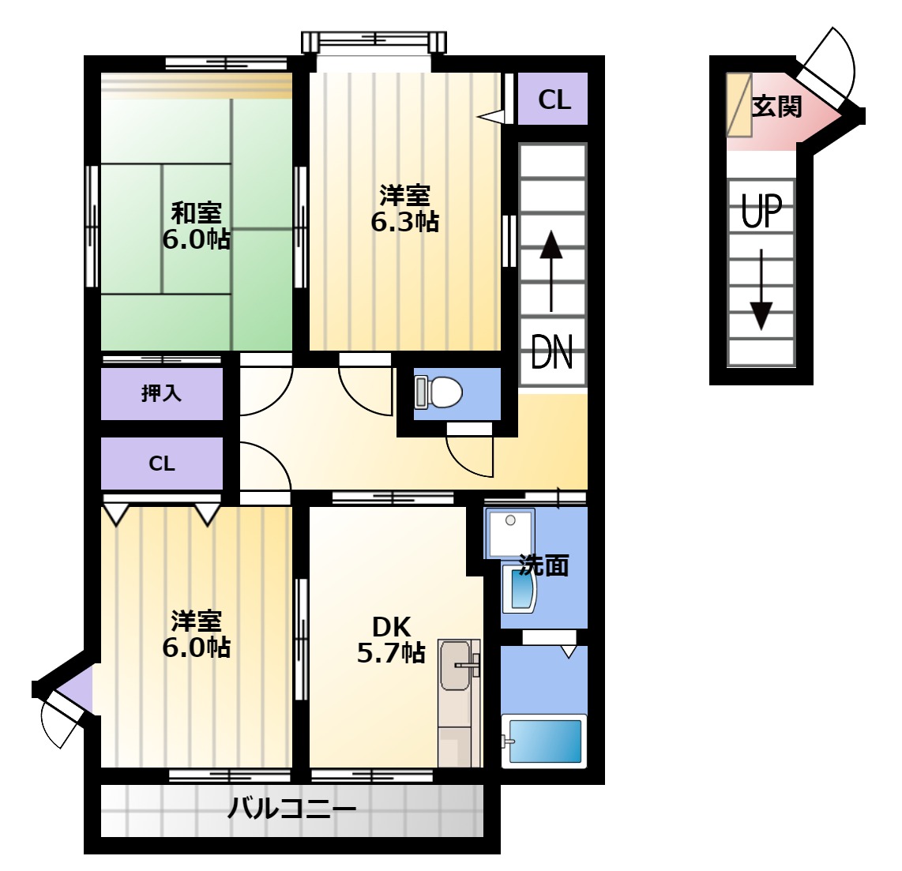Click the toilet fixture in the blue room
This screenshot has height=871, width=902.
pyautogui.click(x=438, y=392)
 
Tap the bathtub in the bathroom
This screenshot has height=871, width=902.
pyautogui.click(x=543, y=741)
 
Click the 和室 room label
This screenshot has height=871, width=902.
pyautogui.click(x=196, y=213)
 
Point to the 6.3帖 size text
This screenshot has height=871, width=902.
pyautogui.click(x=405, y=222)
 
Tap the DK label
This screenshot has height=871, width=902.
pyautogui.click(x=391, y=626)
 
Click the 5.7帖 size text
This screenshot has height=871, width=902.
pyautogui.click(x=391, y=652)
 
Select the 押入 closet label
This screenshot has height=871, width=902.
pyautogui.click(x=162, y=393)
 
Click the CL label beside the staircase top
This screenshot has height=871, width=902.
pyautogui.click(x=554, y=100)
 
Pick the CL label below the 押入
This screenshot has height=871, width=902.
pyautogui.click(x=162, y=464)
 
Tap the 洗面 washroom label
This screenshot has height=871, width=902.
pyautogui.click(x=544, y=565)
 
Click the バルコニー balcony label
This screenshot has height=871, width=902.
pyautogui.click(x=291, y=809)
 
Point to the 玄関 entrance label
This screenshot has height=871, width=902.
pyautogui.click(x=776, y=107)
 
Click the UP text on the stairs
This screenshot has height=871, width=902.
pyautogui.click(x=761, y=212)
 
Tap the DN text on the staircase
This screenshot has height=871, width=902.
pyautogui.click(x=551, y=351)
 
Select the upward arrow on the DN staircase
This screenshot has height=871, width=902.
pyautogui.click(x=551, y=271)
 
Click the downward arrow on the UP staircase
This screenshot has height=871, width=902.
pyautogui.click(x=761, y=289)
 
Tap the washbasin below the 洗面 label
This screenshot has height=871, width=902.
pyautogui.click(x=519, y=588)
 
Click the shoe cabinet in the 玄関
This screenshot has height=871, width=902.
pyautogui.click(x=739, y=105)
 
